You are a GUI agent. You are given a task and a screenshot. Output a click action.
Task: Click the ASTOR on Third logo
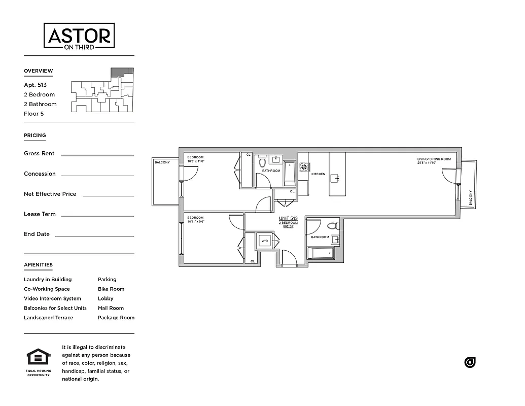[x=79, y=37]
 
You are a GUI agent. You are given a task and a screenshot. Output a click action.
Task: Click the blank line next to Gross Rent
[x=97, y=155]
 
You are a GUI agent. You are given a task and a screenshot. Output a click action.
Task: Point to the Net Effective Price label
[x=50, y=194]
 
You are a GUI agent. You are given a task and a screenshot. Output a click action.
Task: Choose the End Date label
[x=37, y=234]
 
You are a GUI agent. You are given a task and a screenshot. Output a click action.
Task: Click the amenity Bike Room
[x=111, y=289]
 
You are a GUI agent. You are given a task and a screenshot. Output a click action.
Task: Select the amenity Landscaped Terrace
[x=48, y=318]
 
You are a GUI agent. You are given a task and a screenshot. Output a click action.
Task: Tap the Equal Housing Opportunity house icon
[x=39, y=357]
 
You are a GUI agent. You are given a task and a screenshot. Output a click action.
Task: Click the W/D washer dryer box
[x=265, y=241]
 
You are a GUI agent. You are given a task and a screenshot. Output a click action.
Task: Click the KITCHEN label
[x=318, y=174]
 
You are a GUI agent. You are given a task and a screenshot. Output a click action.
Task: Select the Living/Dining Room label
[x=434, y=159]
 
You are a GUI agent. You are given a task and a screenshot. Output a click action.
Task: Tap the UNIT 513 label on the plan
[x=288, y=218]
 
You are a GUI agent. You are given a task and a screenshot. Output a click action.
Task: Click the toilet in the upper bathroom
[x=262, y=162]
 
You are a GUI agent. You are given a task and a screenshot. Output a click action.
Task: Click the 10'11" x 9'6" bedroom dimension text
[x=195, y=222]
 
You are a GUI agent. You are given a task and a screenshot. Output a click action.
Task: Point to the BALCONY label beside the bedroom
[x=162, y=162]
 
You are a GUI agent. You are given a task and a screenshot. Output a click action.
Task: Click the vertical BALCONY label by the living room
[x=470, y=197]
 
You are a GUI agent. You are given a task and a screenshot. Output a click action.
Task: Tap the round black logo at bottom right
[x=470, y=362]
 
